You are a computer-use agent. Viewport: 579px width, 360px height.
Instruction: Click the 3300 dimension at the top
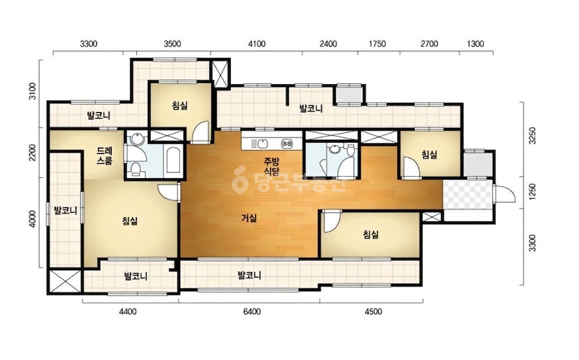point(89,44)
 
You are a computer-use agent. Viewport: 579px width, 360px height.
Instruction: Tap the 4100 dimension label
point(257,44)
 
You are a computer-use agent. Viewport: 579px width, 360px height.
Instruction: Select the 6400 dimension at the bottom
point(252,311)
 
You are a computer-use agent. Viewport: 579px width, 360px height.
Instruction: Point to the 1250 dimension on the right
point(532,191)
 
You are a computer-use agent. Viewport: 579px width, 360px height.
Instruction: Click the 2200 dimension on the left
point(32,153)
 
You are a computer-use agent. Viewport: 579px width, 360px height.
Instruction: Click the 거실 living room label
point(249,218)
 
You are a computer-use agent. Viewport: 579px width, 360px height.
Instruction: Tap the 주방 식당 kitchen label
point(271,166)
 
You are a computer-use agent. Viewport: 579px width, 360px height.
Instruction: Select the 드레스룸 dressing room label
point(105,156)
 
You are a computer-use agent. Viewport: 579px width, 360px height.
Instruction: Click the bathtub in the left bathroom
point(173,160)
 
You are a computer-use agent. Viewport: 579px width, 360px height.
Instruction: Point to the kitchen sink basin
point(263,144)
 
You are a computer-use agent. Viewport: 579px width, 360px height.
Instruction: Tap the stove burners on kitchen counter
point(287,143)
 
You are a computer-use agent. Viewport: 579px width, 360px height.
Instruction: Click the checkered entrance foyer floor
point(467,195)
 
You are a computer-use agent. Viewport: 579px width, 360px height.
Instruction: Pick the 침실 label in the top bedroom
point(180,105)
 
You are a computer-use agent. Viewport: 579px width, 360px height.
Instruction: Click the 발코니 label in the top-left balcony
point(99,115)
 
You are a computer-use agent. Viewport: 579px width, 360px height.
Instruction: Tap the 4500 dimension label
point(373,311)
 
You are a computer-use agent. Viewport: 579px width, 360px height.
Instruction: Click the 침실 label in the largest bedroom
point(130,221)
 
